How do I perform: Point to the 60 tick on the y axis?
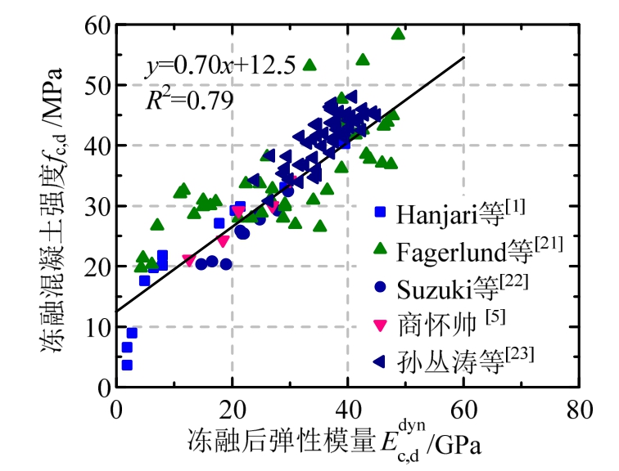[97, 25]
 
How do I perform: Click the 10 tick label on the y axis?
[97, 327]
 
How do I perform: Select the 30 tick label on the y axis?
[97, 207]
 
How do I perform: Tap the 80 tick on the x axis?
[579, 407]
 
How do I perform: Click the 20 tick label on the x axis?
[232, 407]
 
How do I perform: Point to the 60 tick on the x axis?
[463, 407]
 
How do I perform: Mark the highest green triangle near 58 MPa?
[398, 34]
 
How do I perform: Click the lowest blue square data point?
[127, 365]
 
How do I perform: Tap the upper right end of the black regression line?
[463, 57]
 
